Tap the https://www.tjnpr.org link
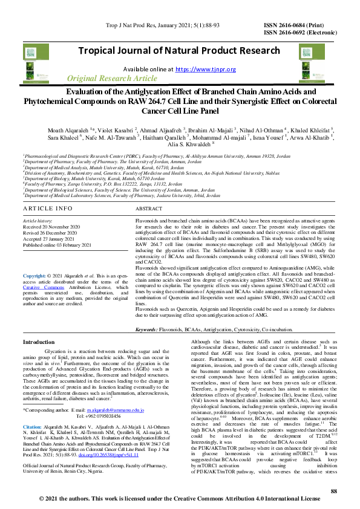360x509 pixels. pos(205,70)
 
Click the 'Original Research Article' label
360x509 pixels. pos(111,79)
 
